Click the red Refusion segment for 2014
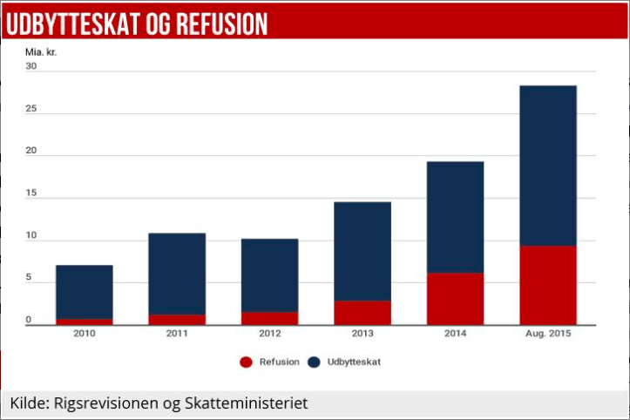(x=455, y=299)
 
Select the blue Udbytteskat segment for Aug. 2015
(x=547, y=166)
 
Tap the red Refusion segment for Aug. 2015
(x=547, y=285)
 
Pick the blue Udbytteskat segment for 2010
(x=84, y=292)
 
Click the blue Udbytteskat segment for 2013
(x=362, y=251)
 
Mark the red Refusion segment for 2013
(x=362, y=313)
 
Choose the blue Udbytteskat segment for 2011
(x=177, y=274)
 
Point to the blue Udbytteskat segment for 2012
(x=269, y=275)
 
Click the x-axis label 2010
(x=84, y=333)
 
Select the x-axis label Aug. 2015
(x=547, y=333)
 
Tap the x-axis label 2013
(x=362, y=333)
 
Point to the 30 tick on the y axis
(x=31, y=66)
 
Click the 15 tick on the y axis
(x=31, y=193)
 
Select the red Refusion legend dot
(x=246, y=362)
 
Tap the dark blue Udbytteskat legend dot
(x=314, y=362)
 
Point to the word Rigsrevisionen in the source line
(x=106, y=403)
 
